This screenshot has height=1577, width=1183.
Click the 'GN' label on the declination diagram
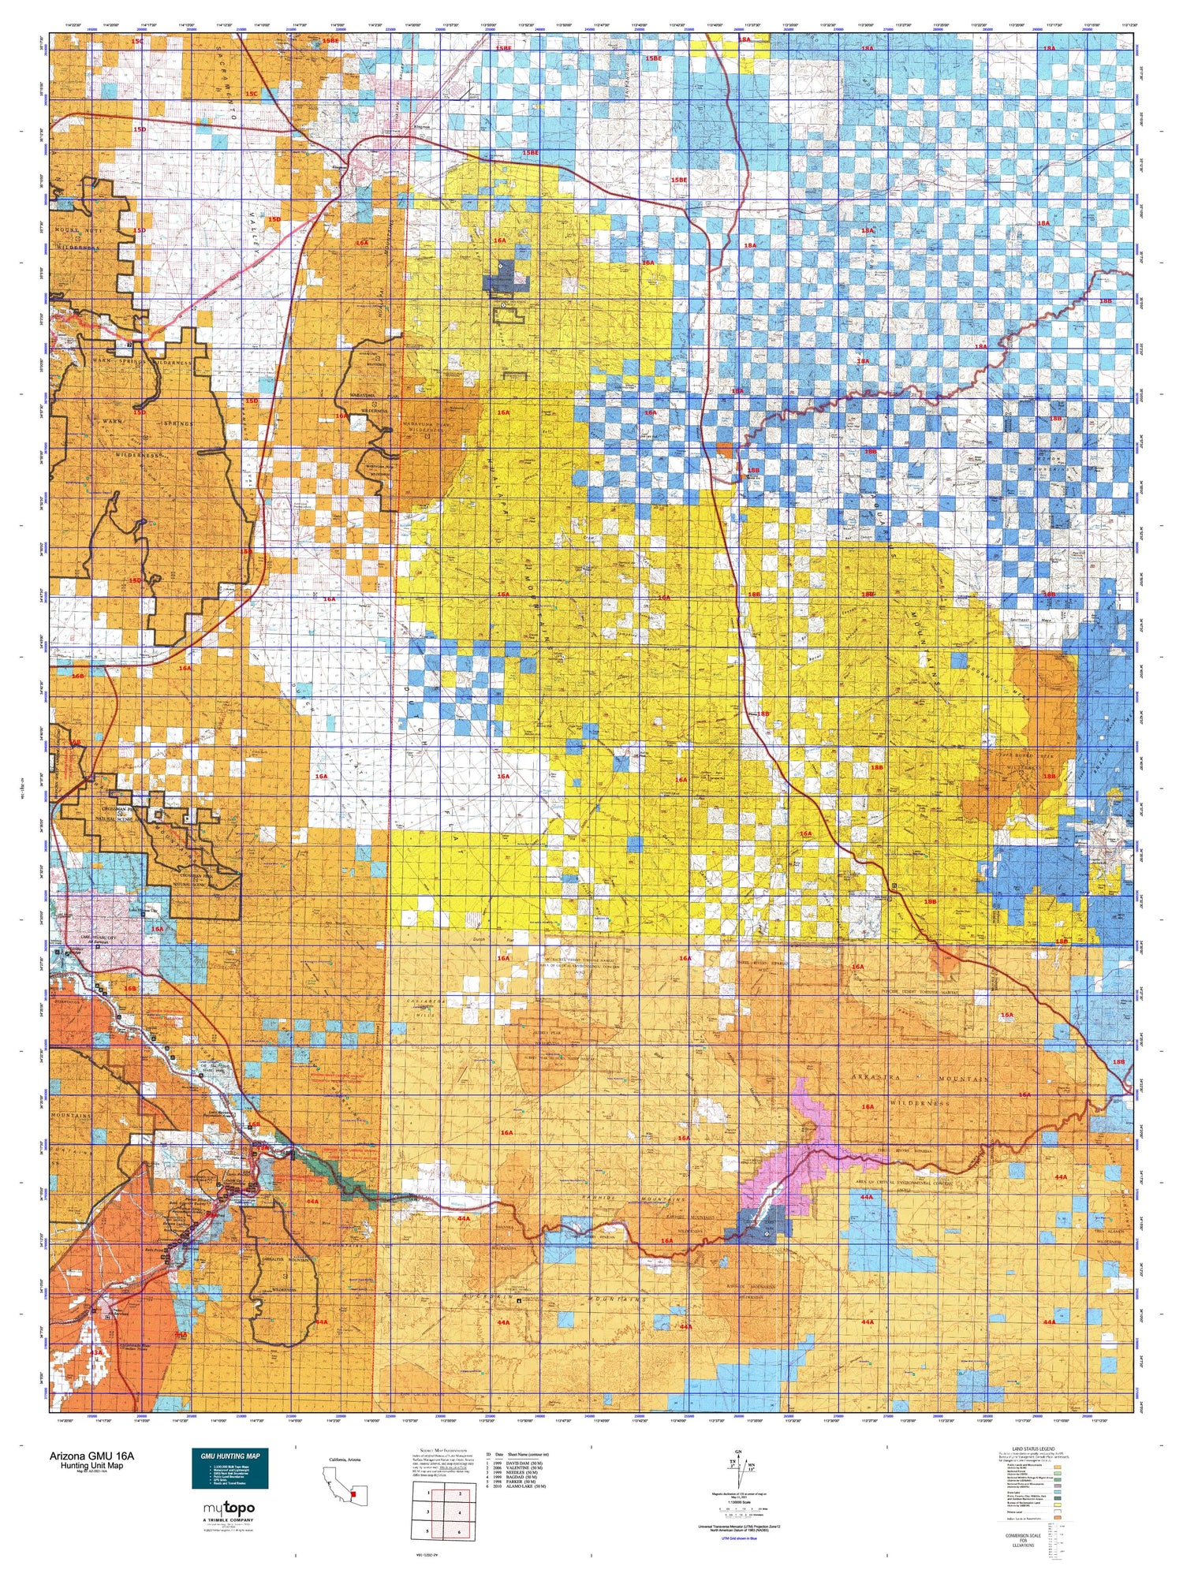(x=738, y=1452)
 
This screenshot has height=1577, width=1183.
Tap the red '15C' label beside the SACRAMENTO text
(x=251, y=94)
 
